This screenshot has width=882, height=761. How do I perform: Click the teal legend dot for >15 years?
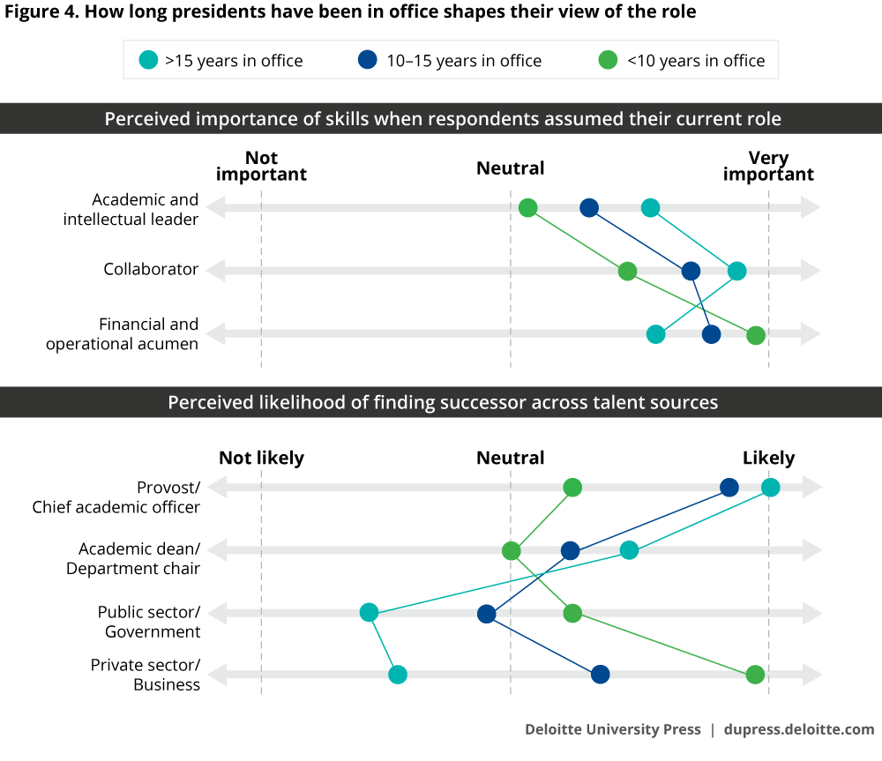pos(148,60)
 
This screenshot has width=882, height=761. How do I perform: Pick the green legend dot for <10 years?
pos(608,60)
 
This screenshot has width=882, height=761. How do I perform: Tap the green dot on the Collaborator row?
pos(627,271)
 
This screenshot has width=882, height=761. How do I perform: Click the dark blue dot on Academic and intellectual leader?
pos(589,208)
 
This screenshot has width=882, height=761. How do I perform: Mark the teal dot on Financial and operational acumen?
pos(655,334)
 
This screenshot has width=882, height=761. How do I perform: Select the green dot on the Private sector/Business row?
pos(755,675)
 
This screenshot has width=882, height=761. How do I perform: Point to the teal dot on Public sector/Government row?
pos(369,613)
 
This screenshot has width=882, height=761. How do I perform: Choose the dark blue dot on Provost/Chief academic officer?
pos(729,488)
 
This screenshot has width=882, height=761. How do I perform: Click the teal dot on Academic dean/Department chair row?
pos(629,550)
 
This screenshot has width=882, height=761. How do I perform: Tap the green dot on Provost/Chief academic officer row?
pos(572,488)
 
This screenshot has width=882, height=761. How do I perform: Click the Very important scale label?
pos(768,166)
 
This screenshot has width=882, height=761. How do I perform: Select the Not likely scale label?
pos(261,458)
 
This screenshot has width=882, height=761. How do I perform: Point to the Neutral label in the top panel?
pos(510,168)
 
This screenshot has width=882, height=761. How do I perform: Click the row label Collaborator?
pos(151,269)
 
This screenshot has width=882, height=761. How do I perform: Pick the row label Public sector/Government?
pos(149,622)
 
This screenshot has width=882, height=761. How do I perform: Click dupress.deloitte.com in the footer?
pos(799,729)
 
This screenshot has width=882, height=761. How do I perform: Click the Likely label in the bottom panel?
pos(768,458)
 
